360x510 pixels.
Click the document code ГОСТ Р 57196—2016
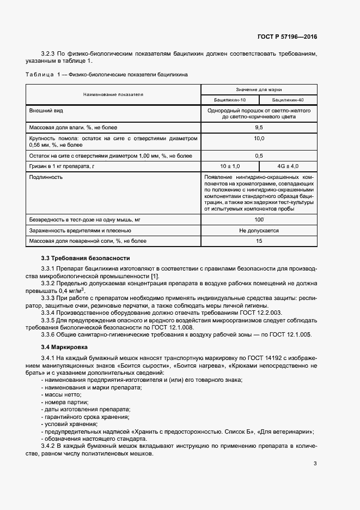coord(287,37)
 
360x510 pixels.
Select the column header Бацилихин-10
coord(230,100)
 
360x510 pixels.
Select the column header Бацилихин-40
coord(288,100)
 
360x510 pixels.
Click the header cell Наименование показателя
coord(113,94)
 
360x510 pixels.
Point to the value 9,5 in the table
coord(259,127)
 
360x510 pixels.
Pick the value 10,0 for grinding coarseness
coord(259,139)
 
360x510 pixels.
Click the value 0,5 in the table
coord(259,156)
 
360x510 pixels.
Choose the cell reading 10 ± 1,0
coord(230,165)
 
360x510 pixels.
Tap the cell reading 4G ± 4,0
coord(288,165)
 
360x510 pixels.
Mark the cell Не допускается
coord(259,231)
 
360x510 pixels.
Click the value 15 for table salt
coord(259,241)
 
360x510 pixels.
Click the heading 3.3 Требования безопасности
coord(86,258)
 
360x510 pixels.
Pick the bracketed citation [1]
coord(155,277)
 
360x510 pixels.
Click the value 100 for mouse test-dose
coord(259,219)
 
